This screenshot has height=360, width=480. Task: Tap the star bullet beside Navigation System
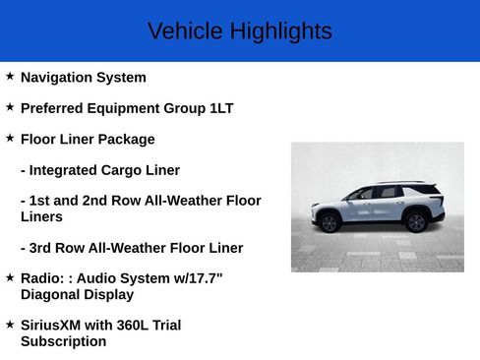click(10, 76)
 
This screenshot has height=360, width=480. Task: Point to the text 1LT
click(221, 108)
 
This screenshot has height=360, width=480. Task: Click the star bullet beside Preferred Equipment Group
click(10, 106)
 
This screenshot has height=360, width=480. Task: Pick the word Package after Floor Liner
click(126, 140)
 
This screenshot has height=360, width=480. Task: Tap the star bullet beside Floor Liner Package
click(10, 138)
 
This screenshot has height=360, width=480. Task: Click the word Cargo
click(123, 170)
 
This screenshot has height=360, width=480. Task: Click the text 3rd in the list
click(40, 248)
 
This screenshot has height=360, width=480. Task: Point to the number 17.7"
click(205, 278)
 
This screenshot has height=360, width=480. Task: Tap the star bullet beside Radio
click(10, 276)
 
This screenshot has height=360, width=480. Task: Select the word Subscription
click(63, 341)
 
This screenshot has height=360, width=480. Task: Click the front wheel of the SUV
click(329, 222)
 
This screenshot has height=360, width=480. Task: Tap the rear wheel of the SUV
click(416, 222)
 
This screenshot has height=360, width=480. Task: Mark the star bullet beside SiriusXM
click(10, 323)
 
